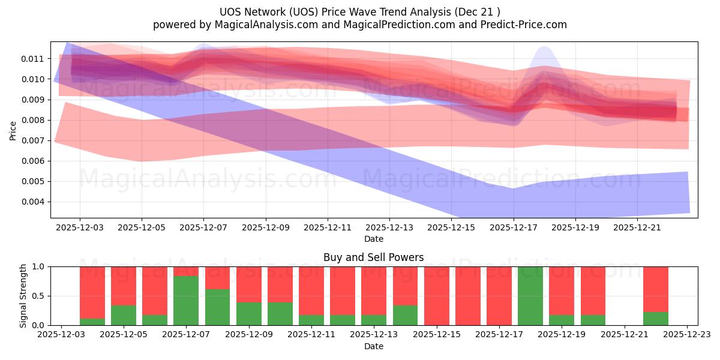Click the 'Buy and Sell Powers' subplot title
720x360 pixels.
[373, 257]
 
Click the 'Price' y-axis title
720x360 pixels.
[13, 130]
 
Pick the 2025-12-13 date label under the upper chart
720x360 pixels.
[389, 228]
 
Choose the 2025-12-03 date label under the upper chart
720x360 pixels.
[80, 228]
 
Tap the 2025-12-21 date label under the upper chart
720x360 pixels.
[637, 228]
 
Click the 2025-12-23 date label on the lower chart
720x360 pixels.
[687, 335]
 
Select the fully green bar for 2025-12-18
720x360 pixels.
[530, 296]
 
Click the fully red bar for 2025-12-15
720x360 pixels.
[437, 296]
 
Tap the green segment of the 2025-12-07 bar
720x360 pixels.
[186, 301]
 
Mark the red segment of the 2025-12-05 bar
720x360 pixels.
[124, 286]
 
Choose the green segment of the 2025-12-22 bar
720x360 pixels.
[656, 319]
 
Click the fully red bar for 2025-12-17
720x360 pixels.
[499, 296]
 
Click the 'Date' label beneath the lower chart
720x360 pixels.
[373, 346]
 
